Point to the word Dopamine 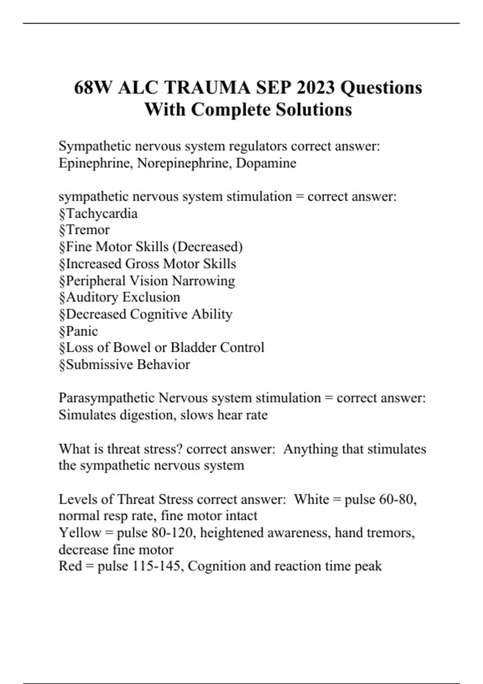click(266, 163)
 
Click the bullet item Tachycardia click(101, 213)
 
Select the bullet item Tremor click(87, 230)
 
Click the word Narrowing click(203, 280)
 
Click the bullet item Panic click(82, 331)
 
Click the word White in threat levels click(312, 499)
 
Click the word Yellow click(80, 533)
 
